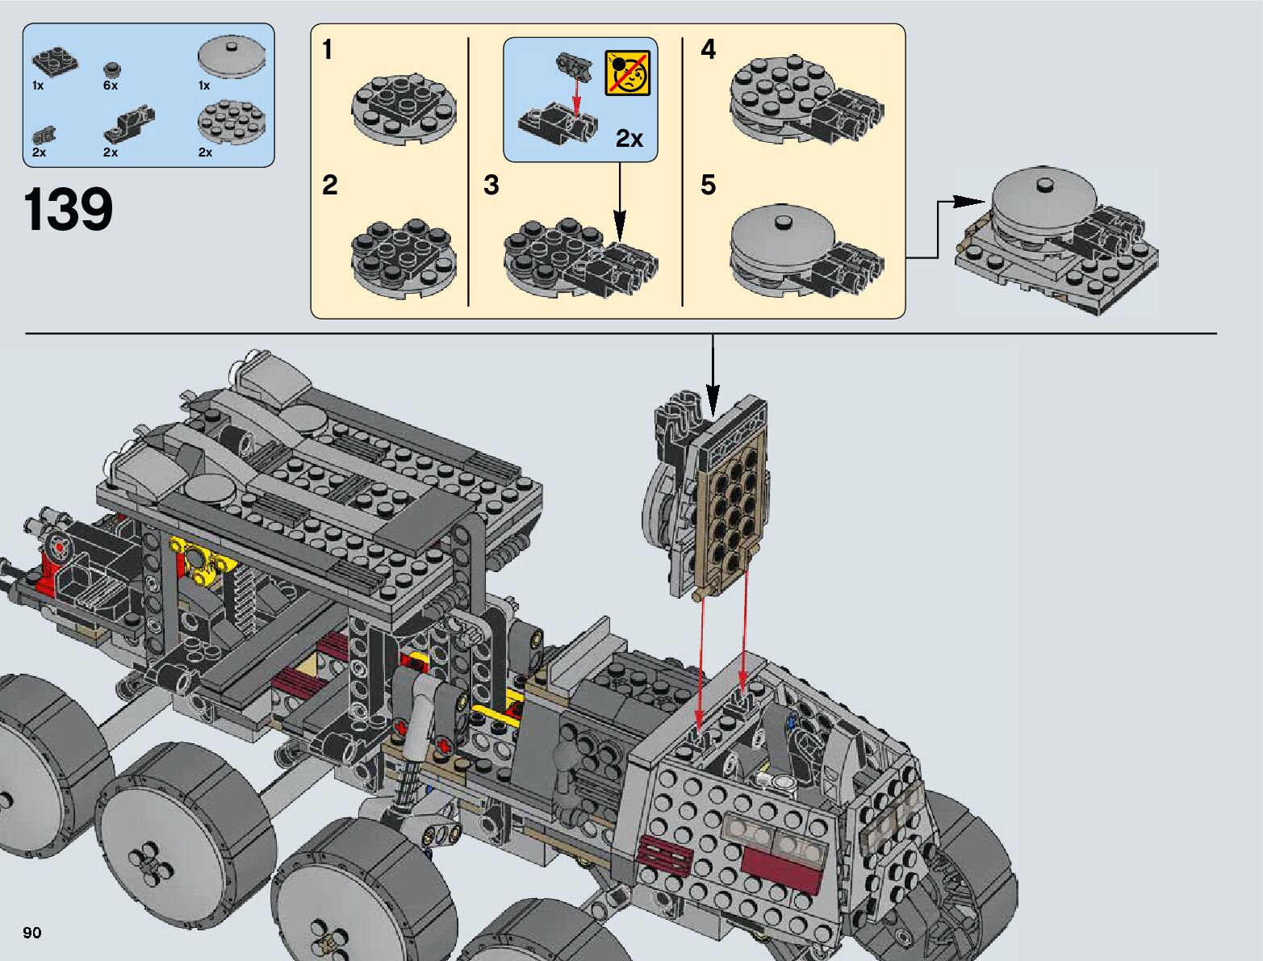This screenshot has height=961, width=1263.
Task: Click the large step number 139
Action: tap(68, 209)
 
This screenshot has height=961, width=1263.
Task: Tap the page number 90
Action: tap(32, 932)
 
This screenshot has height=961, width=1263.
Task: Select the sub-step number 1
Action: tap(328, 49)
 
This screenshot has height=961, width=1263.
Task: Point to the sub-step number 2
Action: tap(330, 186)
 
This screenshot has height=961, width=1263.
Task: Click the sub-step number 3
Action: tap(491, 186)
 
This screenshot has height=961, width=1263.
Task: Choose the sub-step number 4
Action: tap(709, 49)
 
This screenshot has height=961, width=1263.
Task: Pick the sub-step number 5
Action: tap(709, 186)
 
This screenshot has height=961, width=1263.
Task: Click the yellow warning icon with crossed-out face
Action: tap(627, 73)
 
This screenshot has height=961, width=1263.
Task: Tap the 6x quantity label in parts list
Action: tap(111, 86)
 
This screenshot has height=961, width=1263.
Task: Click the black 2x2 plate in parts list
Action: tap(55, 62)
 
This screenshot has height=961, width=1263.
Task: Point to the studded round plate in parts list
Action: tap(232, 121)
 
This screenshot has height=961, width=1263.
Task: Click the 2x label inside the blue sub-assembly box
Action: tap(629, 139)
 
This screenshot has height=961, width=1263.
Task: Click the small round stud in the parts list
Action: tap(111, 69)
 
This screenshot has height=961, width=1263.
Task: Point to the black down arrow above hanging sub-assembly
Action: tap(713, 375)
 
